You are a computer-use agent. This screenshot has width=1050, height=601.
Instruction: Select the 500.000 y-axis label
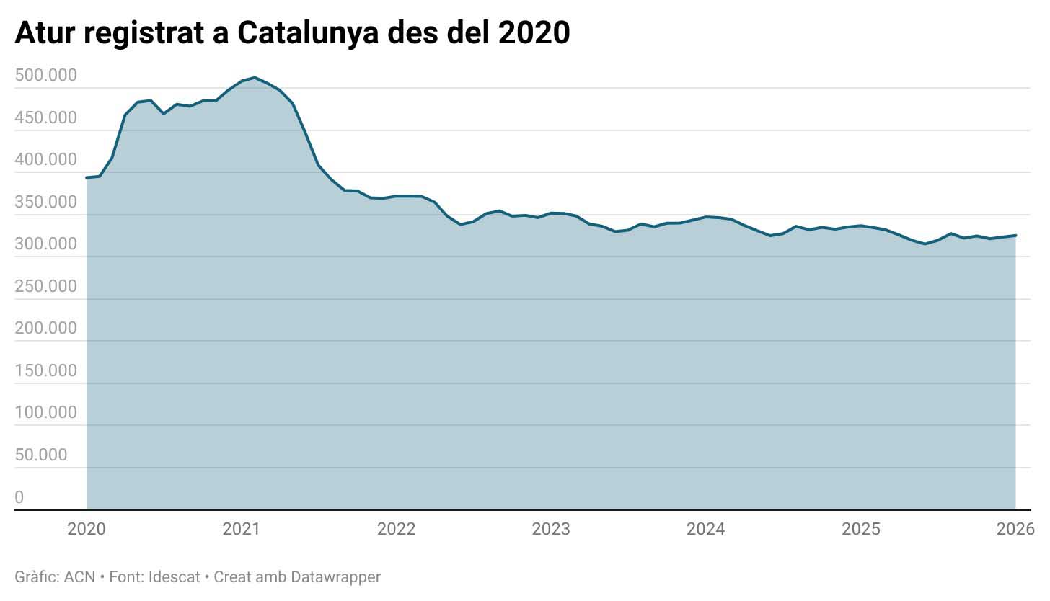pyautogui.click(x=45, y=76)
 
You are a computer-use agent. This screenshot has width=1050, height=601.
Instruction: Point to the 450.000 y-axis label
pyautogui.click(x=45, y=117)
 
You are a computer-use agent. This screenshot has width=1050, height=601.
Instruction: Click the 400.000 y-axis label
pyautogui.click(x=45, y=160)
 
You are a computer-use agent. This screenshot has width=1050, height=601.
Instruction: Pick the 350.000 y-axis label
pyautogui.click(x=45, y=202)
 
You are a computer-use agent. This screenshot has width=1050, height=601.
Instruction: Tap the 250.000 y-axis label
pyautogui.click(x=45, y=286)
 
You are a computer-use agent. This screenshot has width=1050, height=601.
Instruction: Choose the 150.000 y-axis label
pyautogui.click(x=45, y=370)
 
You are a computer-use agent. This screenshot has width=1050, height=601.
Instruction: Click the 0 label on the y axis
pyautogui.click(x=19, y=497)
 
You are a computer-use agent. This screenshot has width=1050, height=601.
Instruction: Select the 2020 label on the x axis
pyautogui.click(x=87, y=530)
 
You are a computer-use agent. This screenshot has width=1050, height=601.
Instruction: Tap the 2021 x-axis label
pyautogui.click(x=242, y=530)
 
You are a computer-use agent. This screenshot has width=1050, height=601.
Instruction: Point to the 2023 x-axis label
pyautogui.click(x=551, y=530)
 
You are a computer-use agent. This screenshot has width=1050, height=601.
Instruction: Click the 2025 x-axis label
pyautogui.click(x=861, y=530)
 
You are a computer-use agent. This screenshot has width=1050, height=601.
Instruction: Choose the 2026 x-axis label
pyautogui.click(x=1015, y=530)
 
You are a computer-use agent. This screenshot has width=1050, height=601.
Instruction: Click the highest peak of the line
pyautogui.click(x=255, y=77)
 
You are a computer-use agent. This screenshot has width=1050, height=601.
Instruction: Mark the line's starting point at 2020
pyautogui.click(x=87, y=177)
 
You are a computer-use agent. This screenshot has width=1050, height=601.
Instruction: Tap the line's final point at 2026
pyautogui.click(x=1015, y=236)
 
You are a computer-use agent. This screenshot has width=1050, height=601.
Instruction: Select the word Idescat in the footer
pyautogui.click(x=174, y=577)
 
